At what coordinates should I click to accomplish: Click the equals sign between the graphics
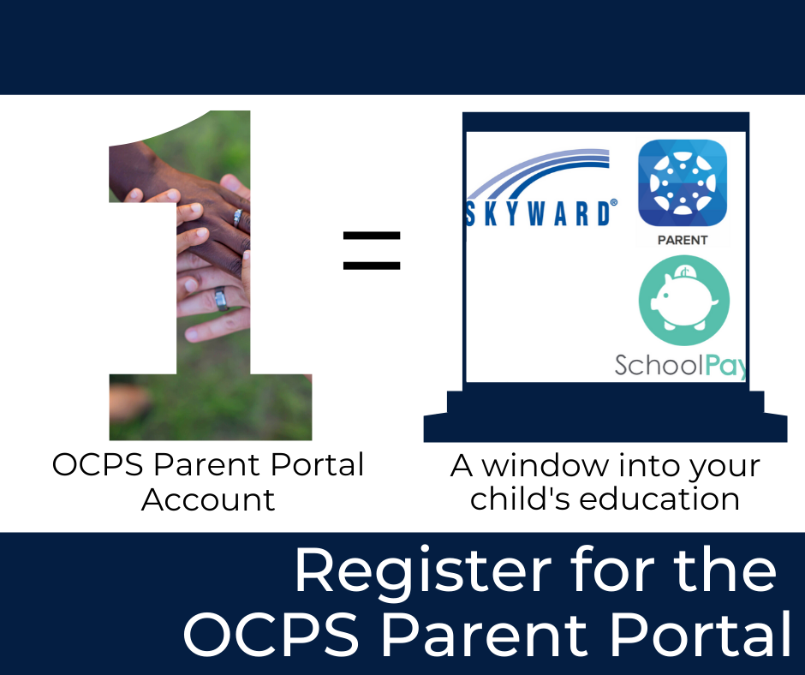(x=372, y=249)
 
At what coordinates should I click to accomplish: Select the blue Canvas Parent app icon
(x=683, y=182)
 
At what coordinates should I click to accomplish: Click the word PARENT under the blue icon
(x=683, y=241)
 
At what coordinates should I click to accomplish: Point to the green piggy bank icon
(x=683, y=301)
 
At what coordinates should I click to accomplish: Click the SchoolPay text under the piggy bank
(x=680, y=366)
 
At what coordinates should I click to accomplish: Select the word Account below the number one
(x=208, y=499)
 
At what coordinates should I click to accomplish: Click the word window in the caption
(x=546, y=467)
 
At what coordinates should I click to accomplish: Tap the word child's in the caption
(x=515, y=499)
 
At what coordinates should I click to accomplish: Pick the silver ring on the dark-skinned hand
(x=237, y=216)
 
